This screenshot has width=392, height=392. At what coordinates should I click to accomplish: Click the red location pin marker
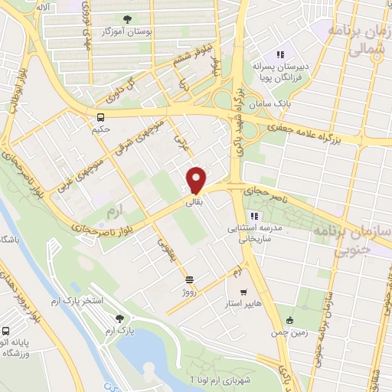196,179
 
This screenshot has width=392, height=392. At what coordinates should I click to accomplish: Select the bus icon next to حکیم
100,117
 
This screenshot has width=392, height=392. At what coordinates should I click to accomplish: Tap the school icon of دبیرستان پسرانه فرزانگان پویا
281,54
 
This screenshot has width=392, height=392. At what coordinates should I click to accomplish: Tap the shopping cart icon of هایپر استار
243,292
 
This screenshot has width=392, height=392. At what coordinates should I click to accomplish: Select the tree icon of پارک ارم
119,318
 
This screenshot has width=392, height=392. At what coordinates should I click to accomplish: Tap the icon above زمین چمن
289,321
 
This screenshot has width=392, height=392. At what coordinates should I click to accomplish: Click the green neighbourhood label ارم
115,208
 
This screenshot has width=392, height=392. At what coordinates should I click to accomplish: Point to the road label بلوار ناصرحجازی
107,224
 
